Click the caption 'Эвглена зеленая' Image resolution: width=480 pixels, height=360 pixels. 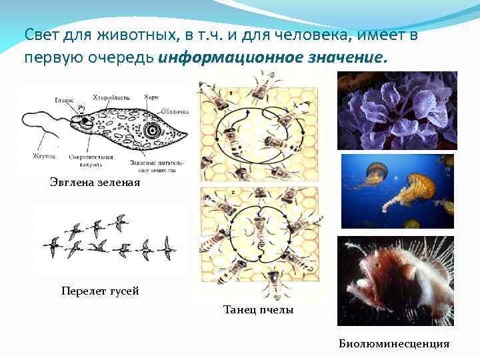(95, 182)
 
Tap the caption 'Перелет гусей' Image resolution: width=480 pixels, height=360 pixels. (100, 291)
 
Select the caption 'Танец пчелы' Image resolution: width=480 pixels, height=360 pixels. (258, 310)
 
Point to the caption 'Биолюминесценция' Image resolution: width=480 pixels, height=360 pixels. (394, 344)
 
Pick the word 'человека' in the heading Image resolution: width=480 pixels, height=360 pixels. (326, 34)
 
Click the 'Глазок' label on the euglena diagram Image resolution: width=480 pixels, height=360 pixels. (64, 100)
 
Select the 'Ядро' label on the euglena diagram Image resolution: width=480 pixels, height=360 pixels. (151, 97)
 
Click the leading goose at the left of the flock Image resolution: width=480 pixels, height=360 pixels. (51, 247)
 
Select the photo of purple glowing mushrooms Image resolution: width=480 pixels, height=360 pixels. (397, 110)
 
